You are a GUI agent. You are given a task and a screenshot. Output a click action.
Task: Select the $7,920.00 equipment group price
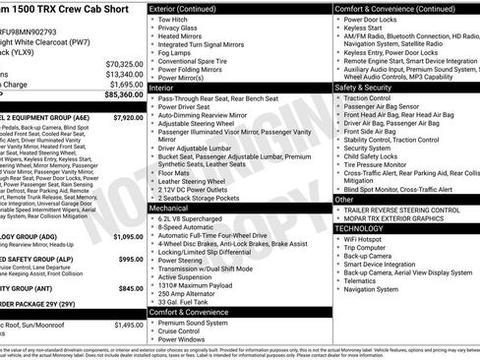124,117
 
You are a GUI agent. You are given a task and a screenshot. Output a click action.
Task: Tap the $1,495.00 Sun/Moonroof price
124,324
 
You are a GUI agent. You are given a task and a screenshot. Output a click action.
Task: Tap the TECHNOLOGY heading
366,227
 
